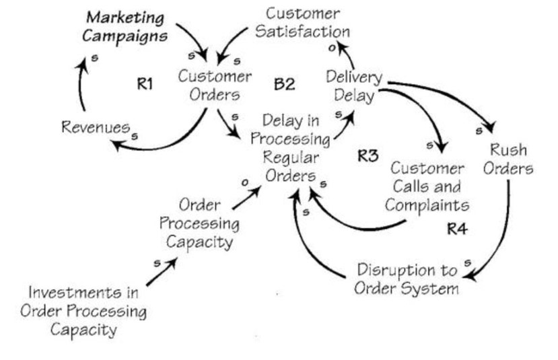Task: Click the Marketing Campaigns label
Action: [127, 25]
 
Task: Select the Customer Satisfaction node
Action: [307, 22]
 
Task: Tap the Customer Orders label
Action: [215, 85]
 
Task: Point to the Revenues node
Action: [95, 127]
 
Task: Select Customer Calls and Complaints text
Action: [427, 186]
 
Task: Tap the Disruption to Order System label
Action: [407, 279]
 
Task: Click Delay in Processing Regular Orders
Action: [291, 148]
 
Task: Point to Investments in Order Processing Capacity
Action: [83, 311]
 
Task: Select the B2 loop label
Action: [284, 84]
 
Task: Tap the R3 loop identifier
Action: [368, 156]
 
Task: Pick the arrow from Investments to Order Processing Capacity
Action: [162, 272]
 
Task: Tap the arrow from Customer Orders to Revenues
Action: [172, 138]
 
